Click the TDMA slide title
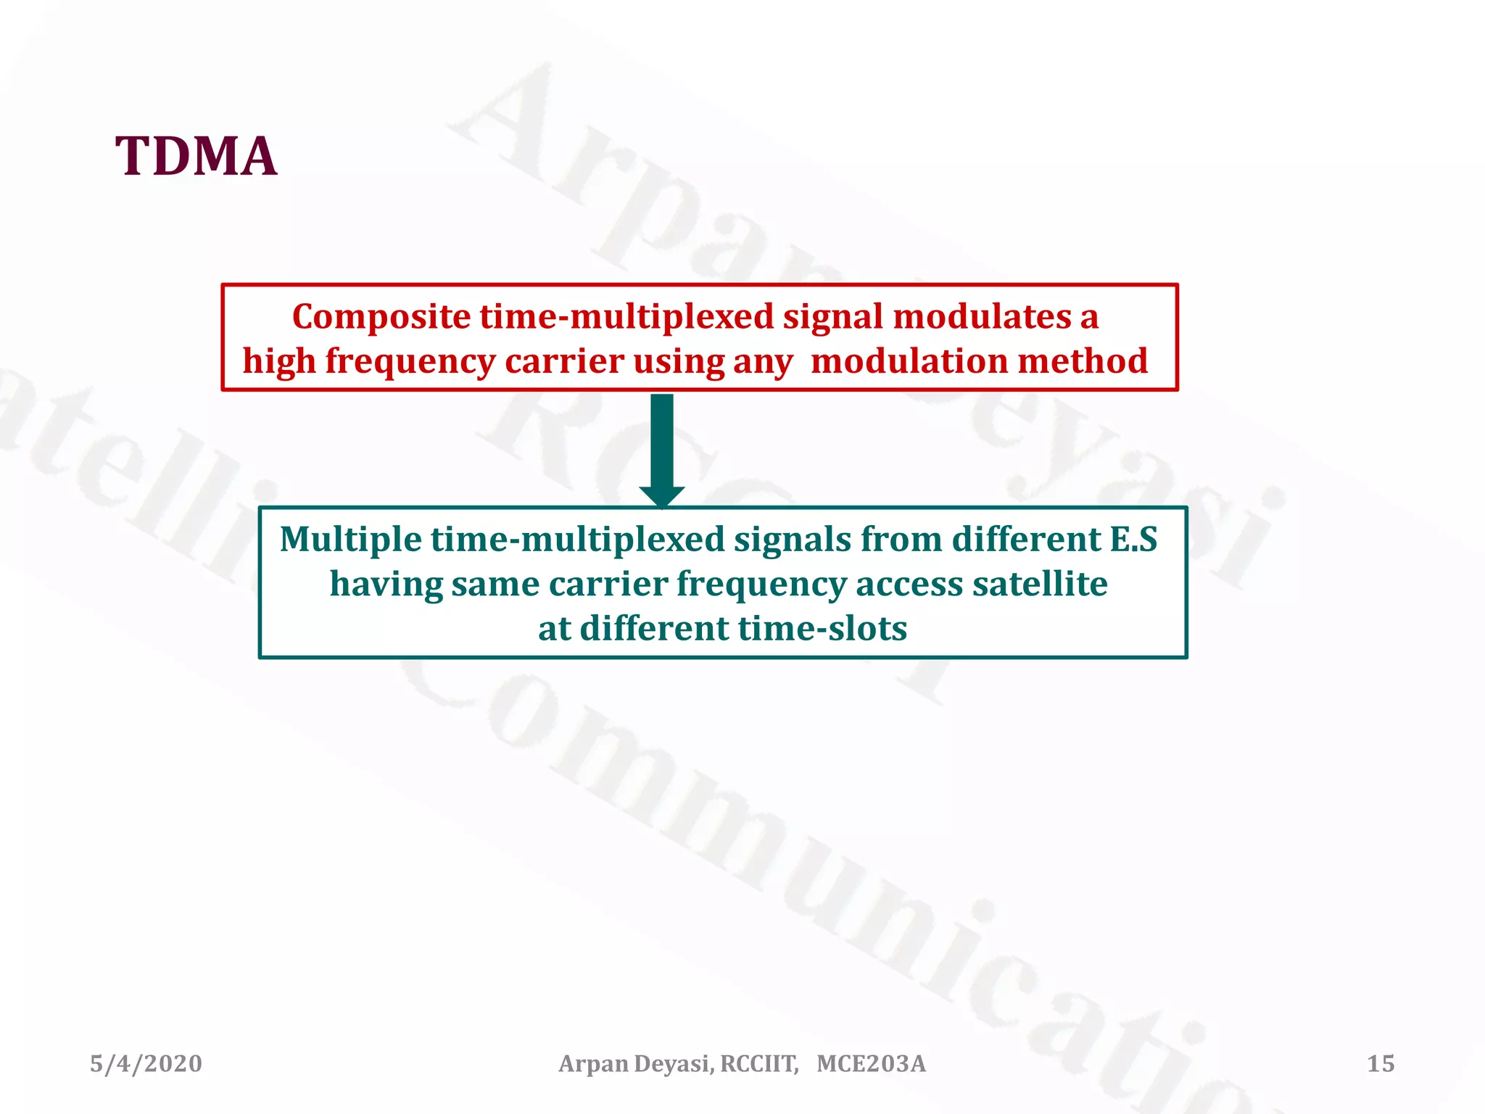click(196, 156)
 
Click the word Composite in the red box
click(381, 317)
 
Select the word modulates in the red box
click(981, 317)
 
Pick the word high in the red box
click(278, 361)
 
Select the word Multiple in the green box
click(350, 540)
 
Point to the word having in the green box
click(385, 585)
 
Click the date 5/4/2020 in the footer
click(146, 1064)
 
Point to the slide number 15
click(1381, 1064)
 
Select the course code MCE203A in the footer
click(871, 1064)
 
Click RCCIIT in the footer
click(758, 1064)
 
